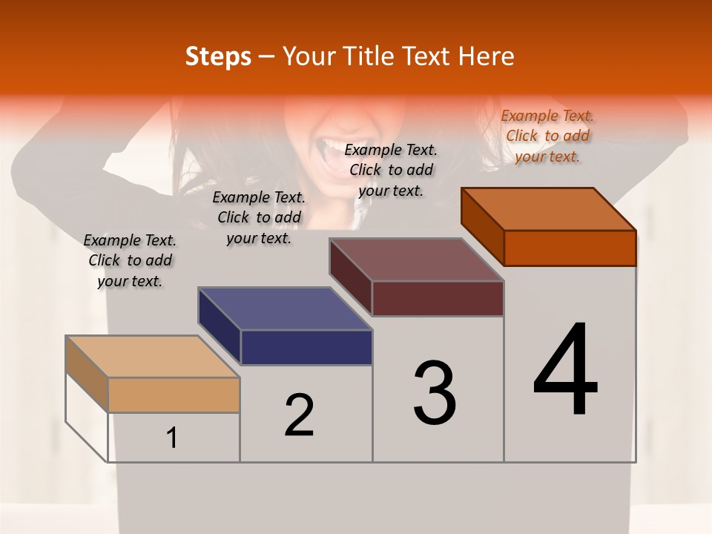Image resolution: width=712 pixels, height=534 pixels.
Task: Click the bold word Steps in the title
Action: pyautogui.click(x=218, y=56)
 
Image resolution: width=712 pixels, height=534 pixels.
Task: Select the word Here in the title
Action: pyautogui.click(x=487, y=56)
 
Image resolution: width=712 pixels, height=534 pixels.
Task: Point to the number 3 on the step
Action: pyautogui.click(x=435, y=393)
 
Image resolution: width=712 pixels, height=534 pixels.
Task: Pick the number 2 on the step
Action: pyautogui.click(x=300, y=415)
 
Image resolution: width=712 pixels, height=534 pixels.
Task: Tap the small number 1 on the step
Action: pyautogui.click(x=172, y=438)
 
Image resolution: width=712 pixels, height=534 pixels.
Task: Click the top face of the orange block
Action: pyautogui.click(x=549, y=209)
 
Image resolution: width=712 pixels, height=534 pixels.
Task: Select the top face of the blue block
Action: pyautogui.click(x=285, y=309)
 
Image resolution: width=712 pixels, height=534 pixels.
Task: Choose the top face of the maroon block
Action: pyautogui.click(x=417, y=260)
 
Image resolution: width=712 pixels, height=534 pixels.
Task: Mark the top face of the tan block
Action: pyautogui.click(x=153, y=357)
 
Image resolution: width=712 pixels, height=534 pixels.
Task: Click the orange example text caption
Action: pyautogui.click(x=547, y=136)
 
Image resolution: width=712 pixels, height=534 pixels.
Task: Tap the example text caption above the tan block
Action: pyautogui.click(x=130, y=260)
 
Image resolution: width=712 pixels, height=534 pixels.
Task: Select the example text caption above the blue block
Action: pyautogui.click(x=259, y=217)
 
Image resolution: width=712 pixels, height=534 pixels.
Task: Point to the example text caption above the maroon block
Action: pyautogui.click(x=391, y=170)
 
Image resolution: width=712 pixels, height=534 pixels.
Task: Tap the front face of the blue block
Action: pyautogui.click(x=306, y=347)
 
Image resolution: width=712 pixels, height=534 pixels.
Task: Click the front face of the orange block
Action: pyautogui.click(x=570, y=248)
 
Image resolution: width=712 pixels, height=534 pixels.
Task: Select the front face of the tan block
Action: pyautogui.click(x=174, y=395)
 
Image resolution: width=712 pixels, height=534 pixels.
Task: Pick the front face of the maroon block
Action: pyautogui.click(x=438, y=298)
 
